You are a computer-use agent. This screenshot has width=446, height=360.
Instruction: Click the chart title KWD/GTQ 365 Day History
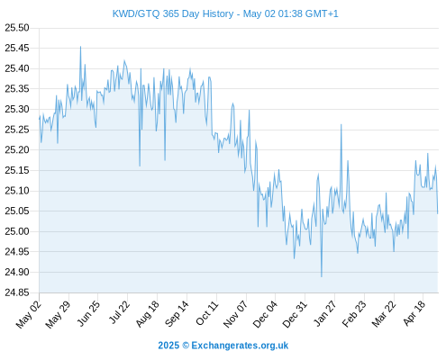tap(173, 13)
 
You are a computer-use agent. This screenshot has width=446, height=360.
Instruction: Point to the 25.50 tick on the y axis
tap(17, 28)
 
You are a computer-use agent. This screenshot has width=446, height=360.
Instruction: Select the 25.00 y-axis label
tap(17, 231)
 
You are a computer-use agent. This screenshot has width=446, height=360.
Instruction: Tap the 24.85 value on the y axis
tap(17, 292)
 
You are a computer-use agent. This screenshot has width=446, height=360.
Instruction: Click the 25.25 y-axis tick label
tap(17, 130)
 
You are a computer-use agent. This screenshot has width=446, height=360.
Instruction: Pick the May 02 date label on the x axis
tap(29, 315)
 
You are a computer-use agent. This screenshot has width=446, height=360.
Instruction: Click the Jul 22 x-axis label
tap(119, 312)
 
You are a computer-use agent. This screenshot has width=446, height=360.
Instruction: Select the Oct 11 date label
tap(207, 313)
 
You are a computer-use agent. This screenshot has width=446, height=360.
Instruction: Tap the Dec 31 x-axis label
tap(295, 314)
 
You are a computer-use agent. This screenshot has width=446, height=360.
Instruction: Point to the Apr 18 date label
tap(414, 313)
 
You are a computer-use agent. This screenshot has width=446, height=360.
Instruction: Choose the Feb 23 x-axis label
tap(354, 314)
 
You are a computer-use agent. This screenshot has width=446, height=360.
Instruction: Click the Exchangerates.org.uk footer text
tap(240, 346)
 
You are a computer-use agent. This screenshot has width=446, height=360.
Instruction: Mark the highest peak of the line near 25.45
tap(80, 47)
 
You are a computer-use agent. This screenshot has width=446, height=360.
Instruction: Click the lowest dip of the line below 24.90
tap(322, 276)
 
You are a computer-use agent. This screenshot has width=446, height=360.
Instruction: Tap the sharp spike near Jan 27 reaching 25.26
tap(341, 124)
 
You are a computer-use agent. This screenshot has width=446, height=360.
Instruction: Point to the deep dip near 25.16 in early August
tap(140, 166)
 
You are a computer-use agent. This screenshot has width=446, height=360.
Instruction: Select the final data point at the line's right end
tap(438, 213)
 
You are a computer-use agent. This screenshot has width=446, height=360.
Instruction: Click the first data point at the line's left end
tap(39, 119)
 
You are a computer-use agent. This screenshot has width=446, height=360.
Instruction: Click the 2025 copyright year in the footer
tap(168, 346)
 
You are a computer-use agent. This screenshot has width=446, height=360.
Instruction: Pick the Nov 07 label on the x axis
tap(236, 314)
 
